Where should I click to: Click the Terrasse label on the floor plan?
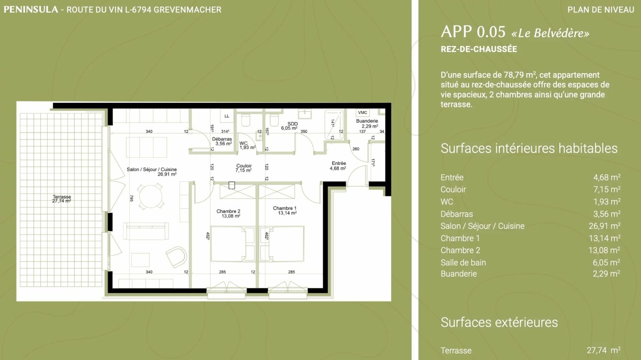[x=61, y=199]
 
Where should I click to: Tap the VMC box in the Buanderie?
[x=363, y=113]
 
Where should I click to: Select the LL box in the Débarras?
[x=227, y=116]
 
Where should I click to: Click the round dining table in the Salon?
[x=151, y=196]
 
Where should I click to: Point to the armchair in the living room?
[x=176, y=257]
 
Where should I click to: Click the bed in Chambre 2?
[x=232, y=244]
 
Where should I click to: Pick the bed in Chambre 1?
[x=282, y=244]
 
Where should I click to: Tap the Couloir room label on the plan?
[x=244, y=168]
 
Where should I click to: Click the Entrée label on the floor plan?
[x=338, y=165]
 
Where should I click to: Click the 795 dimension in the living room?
[x=131, y=198]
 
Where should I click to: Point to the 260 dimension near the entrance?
[x=356, y=149]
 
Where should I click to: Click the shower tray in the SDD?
[x=334, y=124]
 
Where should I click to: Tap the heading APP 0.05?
[x=473, y=32]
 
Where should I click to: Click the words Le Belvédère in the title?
[x=550, y=33]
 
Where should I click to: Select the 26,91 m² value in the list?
[x=605, y=226]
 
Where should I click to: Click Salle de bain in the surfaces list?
[x=463, y=262]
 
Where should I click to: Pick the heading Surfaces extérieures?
[x=500, y=322]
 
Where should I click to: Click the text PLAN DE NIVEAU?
[x=601, y=10]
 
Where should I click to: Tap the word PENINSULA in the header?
[x=31, y=10]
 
